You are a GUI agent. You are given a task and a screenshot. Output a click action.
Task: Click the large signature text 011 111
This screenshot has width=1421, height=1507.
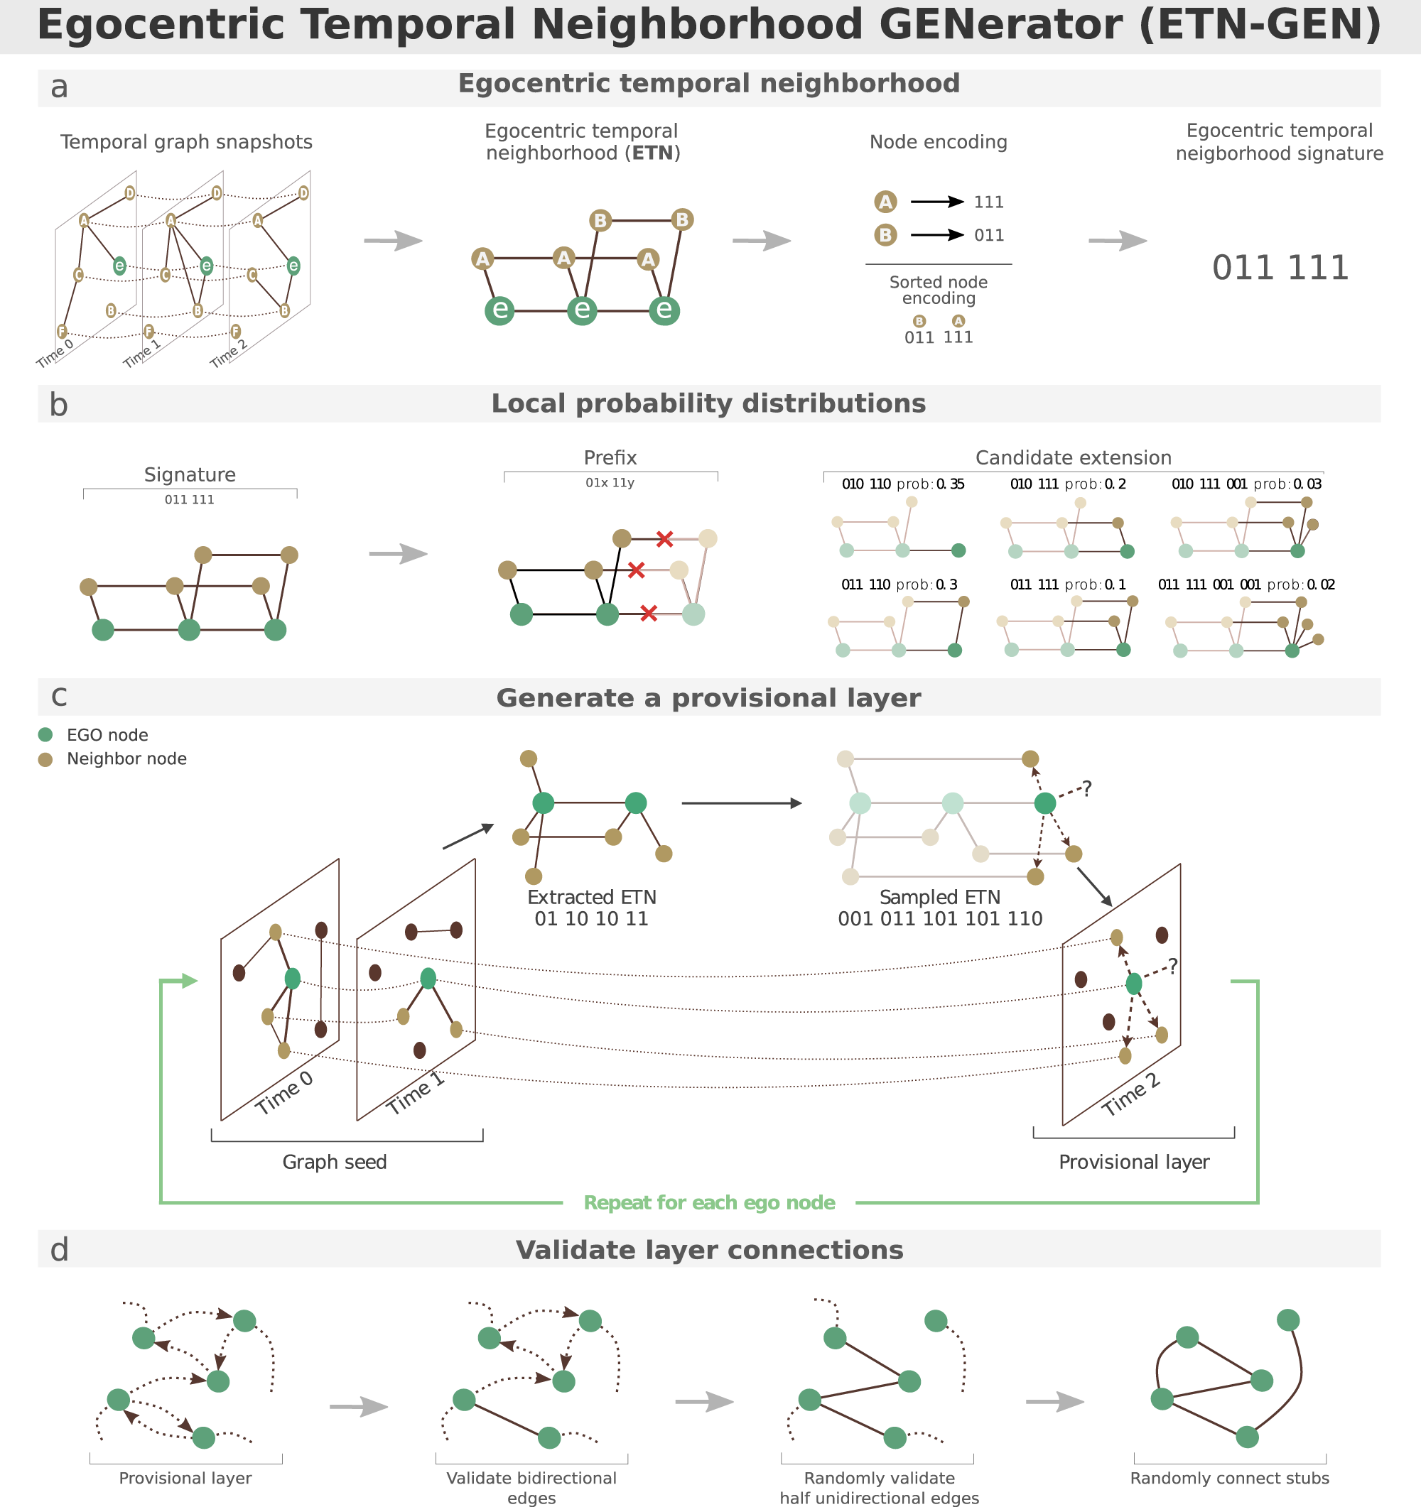[x=1280, y=268]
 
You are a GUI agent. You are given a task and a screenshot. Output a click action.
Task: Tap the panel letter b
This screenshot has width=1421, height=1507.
[x=58, y=406]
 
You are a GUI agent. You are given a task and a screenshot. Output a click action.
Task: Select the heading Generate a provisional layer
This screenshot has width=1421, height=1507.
[x=708, y=698]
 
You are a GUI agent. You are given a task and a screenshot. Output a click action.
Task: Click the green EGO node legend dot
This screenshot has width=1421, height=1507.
[x=45, y=734]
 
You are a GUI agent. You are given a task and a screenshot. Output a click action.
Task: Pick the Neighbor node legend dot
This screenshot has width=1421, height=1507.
[x=45, y=758]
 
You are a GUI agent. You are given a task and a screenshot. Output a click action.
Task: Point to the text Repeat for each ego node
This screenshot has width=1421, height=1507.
[x=709, y=1202]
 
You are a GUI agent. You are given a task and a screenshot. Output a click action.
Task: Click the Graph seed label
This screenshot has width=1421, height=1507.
[x=335, y=1162]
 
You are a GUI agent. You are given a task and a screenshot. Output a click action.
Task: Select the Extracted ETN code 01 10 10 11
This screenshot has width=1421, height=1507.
[x=591, y=919]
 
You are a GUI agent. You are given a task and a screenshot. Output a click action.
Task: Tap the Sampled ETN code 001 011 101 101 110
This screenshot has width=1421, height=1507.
[x=939, y=919]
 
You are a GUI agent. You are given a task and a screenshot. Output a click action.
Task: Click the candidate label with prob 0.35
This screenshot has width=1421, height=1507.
[x=902, y=484]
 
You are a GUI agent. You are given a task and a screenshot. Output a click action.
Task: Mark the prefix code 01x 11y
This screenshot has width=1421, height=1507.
[x=610, y=483]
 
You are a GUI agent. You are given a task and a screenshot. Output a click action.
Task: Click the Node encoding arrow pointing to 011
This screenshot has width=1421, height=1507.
[x=936, y=235]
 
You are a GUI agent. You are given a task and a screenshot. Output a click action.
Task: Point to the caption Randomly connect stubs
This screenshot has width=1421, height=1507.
[x=1229, y=1478]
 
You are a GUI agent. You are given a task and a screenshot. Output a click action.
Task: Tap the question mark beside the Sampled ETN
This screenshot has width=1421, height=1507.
[x=1086, y=789]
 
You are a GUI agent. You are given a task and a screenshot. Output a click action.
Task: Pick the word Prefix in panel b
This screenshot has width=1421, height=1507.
[x=610, y=458]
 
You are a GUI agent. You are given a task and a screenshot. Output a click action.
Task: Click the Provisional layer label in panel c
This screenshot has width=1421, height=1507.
[x=1134, y=1162]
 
